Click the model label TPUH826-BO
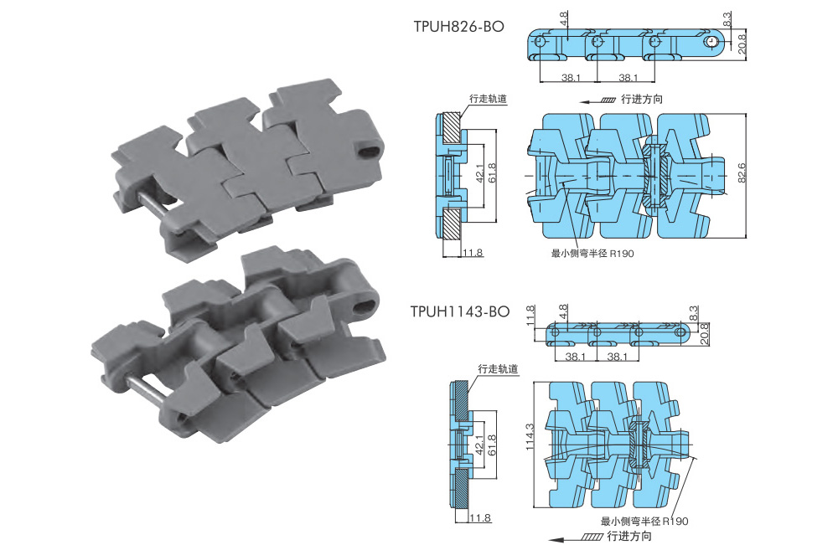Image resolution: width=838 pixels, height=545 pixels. point(458,27)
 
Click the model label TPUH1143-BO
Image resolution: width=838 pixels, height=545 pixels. point(459,311)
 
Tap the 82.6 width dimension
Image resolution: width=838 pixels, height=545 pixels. point(742,173)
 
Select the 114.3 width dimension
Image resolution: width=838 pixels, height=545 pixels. point(530,437)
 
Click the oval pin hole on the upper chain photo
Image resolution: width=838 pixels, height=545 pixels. point(369,151)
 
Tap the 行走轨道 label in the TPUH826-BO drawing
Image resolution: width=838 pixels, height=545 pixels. point(488,99)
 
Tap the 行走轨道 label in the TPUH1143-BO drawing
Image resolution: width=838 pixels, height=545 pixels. point(498,369)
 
